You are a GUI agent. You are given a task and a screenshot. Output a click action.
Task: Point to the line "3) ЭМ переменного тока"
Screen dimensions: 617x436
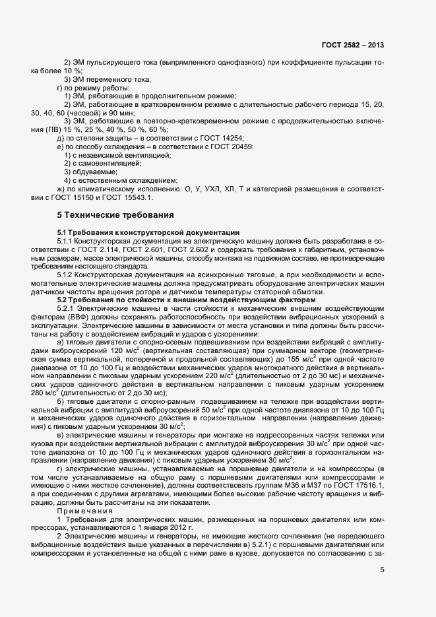(x=98, y=79)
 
